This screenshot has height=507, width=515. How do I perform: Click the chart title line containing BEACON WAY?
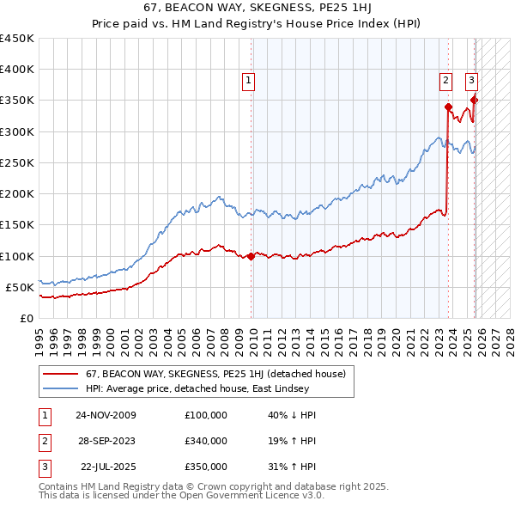(x=257, y=8)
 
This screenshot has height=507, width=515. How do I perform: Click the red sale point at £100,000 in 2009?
(x=251, y=256)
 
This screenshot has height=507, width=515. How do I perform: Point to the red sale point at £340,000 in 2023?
(x=448, y=107)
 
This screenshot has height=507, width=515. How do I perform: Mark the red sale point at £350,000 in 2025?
(x=474, y=101)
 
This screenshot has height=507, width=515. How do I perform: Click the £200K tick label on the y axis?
(x=17, y=193)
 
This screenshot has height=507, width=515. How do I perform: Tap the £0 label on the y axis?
(x=26, y=318)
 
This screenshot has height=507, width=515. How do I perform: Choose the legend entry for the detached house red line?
(x=215, y=374)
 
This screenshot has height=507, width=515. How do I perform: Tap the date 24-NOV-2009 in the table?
(x=106, y=415)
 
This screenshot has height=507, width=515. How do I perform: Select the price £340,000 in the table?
(x=206, y=441)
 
